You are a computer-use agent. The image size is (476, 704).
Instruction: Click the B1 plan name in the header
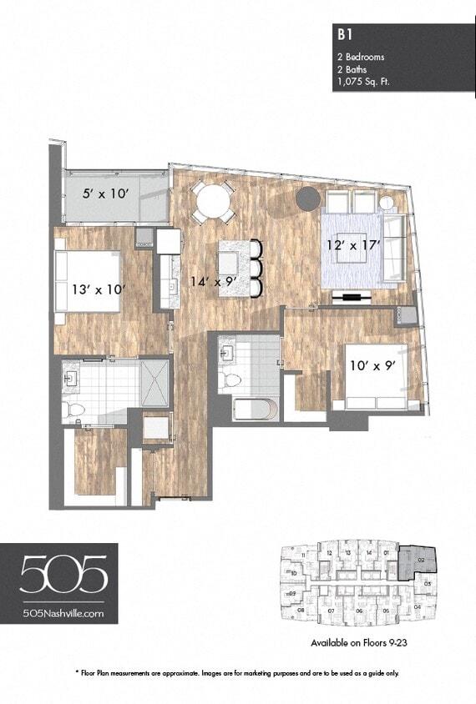[342, 35]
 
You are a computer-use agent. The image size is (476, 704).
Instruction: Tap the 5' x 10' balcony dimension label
[105, 194]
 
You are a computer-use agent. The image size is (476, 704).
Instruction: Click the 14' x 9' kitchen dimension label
[209, 282]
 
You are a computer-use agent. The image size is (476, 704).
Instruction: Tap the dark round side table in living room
[307, 198]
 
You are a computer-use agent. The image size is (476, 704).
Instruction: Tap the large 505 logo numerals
[63, 575]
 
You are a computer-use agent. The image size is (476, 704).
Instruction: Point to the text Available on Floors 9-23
[357, 643]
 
